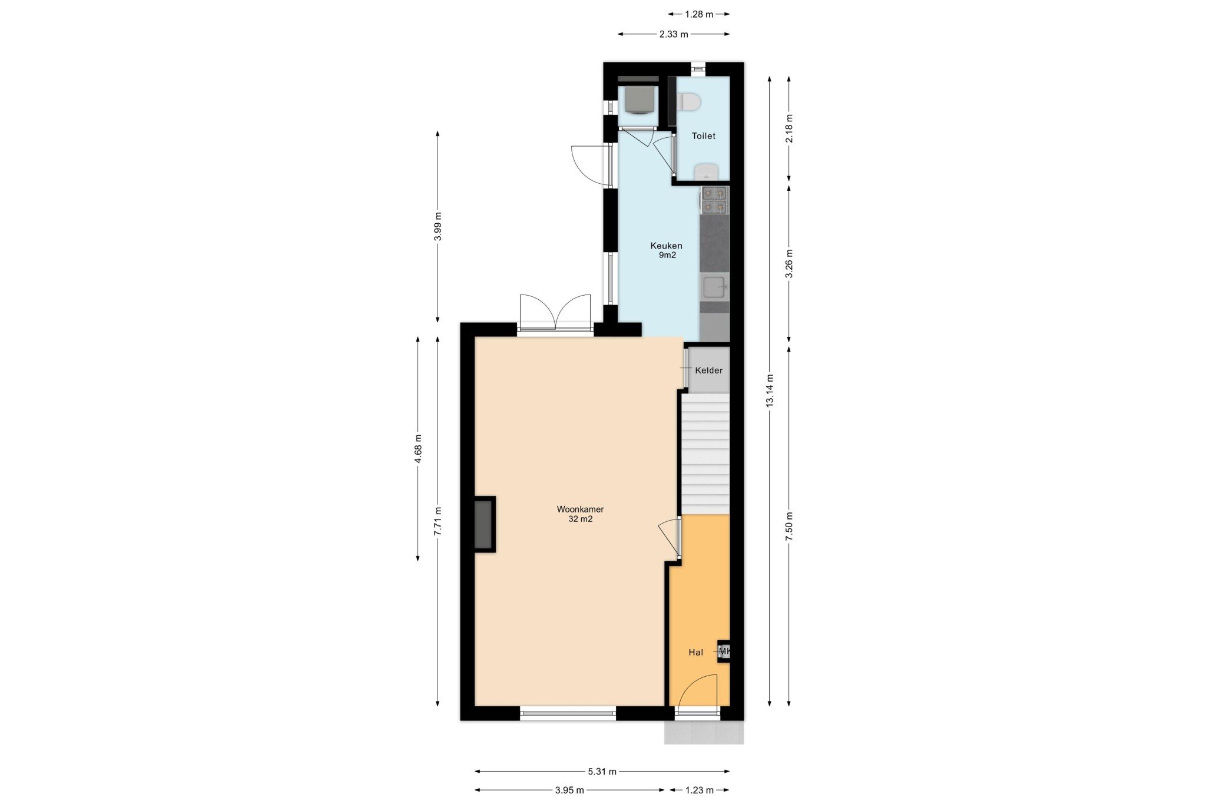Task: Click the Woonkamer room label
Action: click(x=580, y=509)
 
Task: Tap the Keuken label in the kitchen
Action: click(x=666, y=246)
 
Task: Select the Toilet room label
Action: click(x=703, y=136)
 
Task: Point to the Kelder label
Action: click(x=708, y=370)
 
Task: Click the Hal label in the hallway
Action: click(x=695, y=652)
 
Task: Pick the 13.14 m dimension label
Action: click(x=770, y=391)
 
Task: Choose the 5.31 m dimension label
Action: click(x=602, y=771)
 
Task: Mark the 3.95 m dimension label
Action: click(x=569, y=790)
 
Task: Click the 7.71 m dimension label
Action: click(x=438, y=521)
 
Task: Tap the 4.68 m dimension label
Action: click(x=418, y=449)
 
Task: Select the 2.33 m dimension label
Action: click(x=674, y=34)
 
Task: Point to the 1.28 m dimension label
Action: click(x=699, y=14)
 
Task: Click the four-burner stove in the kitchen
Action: click(x=714, y=200)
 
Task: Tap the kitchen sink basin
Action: click(x=714, y=287)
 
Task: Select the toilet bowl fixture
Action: click(x=688, y=102)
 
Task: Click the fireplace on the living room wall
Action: click(x=484, y=524)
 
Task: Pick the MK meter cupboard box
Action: click(x=724, y=651)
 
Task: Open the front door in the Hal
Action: click(x=697, y=695)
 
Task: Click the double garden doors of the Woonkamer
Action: click(x=555, y=312)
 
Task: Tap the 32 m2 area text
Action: click(x=580, y=519)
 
